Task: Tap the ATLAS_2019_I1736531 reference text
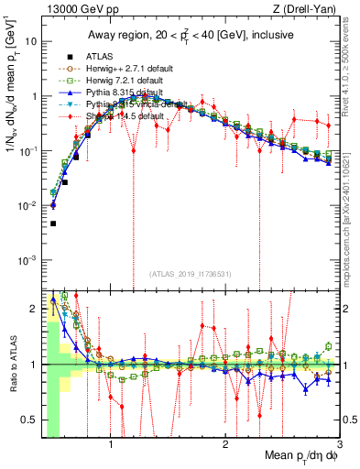tap(190, 275)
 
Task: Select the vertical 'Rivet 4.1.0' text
tap(353, 69)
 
